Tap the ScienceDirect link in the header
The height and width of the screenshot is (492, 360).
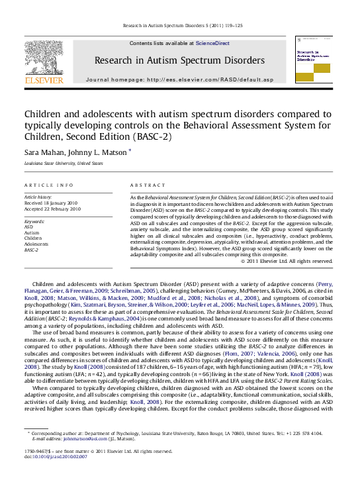pos(212,43)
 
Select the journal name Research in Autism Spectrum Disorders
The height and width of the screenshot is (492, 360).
pos(179,60)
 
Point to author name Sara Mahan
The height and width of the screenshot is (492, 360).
pos(41,152)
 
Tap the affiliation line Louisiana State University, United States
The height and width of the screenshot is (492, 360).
pos(64,163)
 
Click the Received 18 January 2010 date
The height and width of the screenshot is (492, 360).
pos(52,203)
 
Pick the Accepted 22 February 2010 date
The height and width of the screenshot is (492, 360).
pos(52,209)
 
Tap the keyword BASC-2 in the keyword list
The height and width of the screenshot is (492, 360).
pos(32,250)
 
